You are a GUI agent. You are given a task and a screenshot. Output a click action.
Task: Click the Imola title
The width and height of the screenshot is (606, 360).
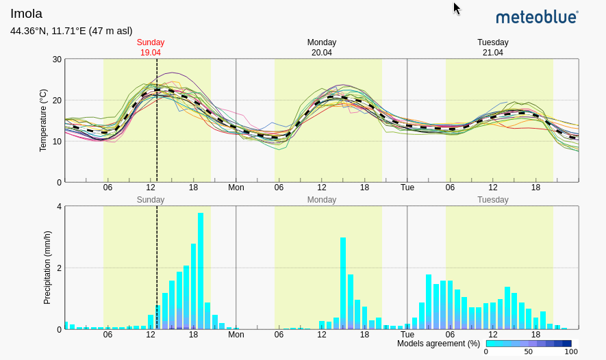[x=26, y=14]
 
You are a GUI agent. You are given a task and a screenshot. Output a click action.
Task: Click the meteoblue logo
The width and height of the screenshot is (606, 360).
[x=537, y=17]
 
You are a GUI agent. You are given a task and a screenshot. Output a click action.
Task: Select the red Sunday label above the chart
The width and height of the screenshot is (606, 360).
[x=151, y=42]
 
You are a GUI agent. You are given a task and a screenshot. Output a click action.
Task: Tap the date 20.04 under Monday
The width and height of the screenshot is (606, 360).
[x=322, y=53]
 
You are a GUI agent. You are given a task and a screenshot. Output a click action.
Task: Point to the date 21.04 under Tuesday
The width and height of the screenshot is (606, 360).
[x=493, y=53]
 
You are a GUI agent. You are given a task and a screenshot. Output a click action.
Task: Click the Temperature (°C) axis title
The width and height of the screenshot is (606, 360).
[x=43, y=120]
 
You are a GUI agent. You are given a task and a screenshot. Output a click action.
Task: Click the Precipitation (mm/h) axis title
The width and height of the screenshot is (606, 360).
[x=47, y=268]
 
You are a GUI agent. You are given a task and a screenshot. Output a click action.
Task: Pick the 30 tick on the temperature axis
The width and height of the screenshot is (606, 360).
[x=57, y=60]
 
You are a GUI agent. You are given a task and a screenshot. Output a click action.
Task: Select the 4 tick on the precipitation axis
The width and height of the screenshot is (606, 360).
[x=59, y=207]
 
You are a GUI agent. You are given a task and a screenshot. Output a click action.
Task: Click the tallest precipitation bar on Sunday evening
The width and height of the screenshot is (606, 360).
[x=201, y=271]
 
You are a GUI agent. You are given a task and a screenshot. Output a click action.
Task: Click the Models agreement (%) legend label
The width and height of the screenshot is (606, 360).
[x=438, y=344]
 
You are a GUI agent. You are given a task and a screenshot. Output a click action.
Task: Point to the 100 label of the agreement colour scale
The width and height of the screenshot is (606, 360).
[x=570, y=352]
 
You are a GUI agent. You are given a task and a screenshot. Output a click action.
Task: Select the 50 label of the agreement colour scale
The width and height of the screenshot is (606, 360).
[x=528, y=352]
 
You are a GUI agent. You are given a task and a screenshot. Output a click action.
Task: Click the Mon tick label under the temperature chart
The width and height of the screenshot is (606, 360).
[x=236, y=188]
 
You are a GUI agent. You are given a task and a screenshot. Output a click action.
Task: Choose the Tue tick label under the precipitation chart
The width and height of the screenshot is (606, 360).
[x=407, y=335]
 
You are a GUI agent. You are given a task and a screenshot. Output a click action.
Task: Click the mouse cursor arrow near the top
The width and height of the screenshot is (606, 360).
[x=457, y=8]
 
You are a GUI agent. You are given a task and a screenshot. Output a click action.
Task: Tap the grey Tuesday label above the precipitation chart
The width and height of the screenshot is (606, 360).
[x=493, y=200]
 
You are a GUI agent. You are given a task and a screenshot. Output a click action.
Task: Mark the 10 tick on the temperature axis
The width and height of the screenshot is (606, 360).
[x=57, y=142]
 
